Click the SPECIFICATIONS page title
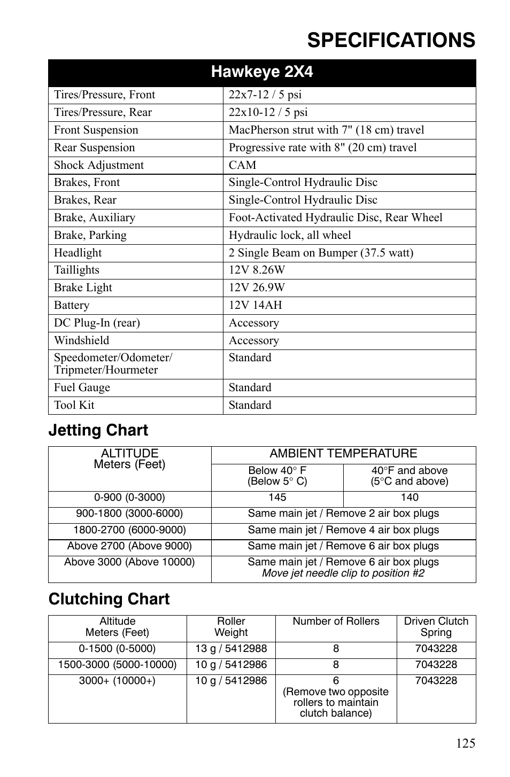(x=391, y=41)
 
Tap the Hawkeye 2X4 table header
(x=262, y=72)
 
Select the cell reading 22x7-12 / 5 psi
(x=265, y=95)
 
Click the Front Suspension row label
(x=96, y=130)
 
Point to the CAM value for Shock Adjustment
(x=243, y=165)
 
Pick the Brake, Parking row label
(x=90, y=235)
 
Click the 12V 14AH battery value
(x=256, y=305)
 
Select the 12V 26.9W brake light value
(x=257, y=288)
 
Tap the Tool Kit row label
(x=74, y=405)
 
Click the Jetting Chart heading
(x=98, y=430)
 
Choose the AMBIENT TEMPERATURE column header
(x=343, y=454)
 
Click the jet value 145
(x=277, y=498)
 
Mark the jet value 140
(x=409, y=498)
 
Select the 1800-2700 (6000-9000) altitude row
(x=129, y=530)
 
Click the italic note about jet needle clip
(x=343, y=573)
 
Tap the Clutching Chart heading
(x=109, y=599)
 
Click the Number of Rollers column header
(x=336, y=621)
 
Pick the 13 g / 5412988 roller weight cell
(x=231, y=649)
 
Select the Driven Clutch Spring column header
(x=436, y=627)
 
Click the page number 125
(x=466, y=743)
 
